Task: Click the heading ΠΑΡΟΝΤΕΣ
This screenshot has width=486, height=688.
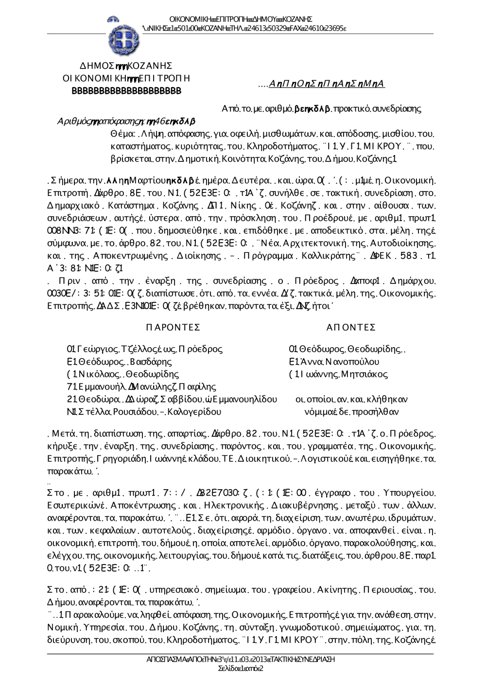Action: pos(173,327)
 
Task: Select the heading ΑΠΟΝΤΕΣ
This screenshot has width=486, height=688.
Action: pos(351,327)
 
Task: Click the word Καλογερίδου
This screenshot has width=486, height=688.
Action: pos(194,412)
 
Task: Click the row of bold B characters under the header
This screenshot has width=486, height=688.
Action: pos(126,91)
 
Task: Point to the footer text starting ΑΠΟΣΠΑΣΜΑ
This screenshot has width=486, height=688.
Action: pos(241,660)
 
